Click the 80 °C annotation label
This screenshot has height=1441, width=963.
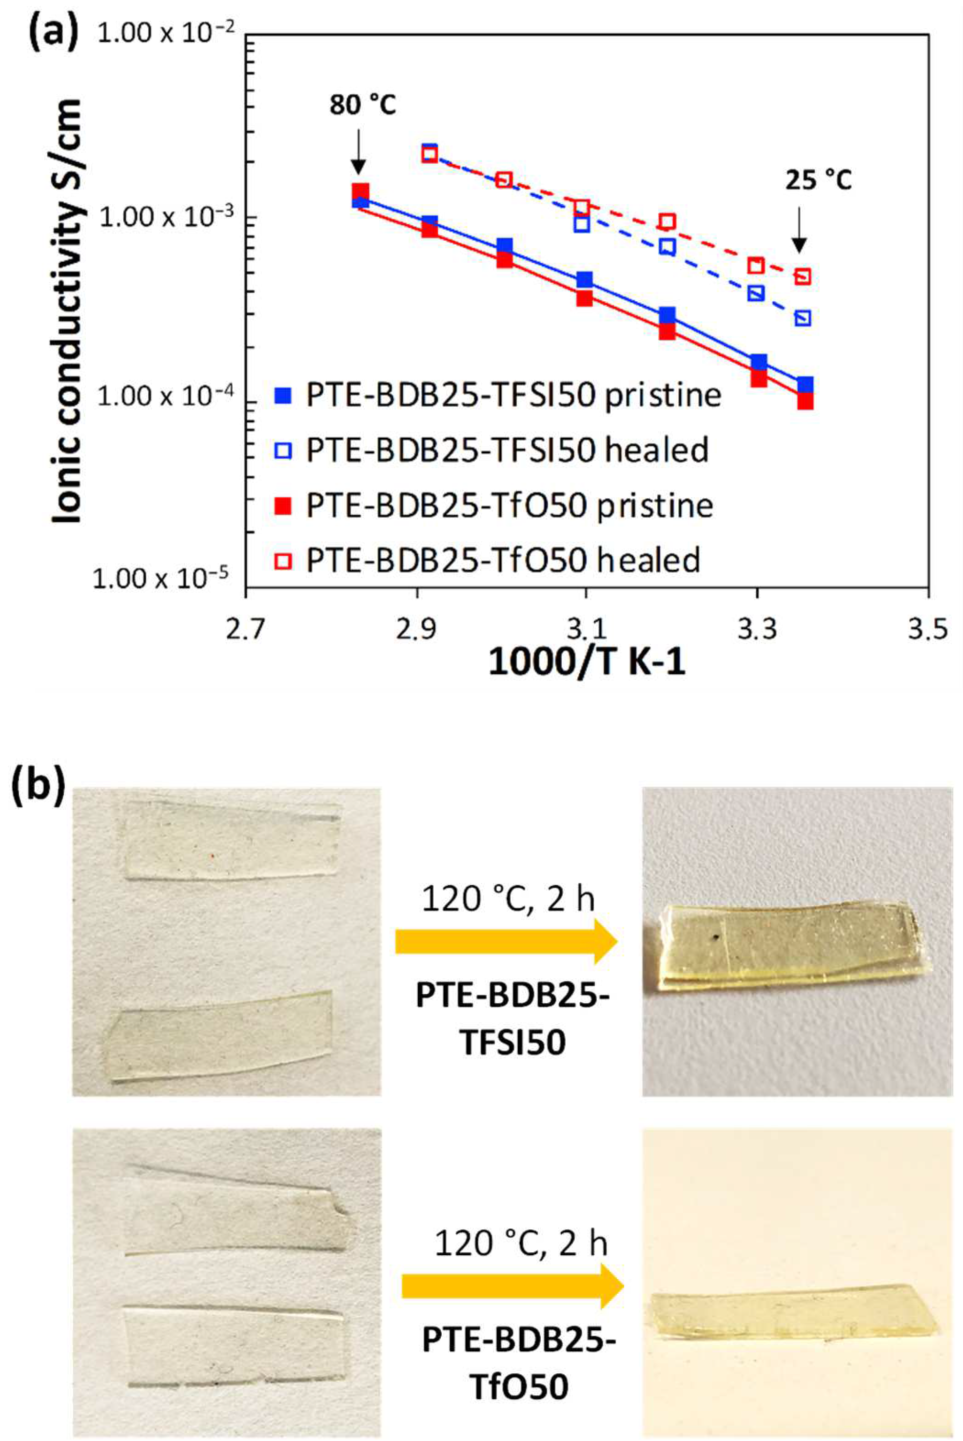362,106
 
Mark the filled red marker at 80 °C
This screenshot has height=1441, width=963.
360,192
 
